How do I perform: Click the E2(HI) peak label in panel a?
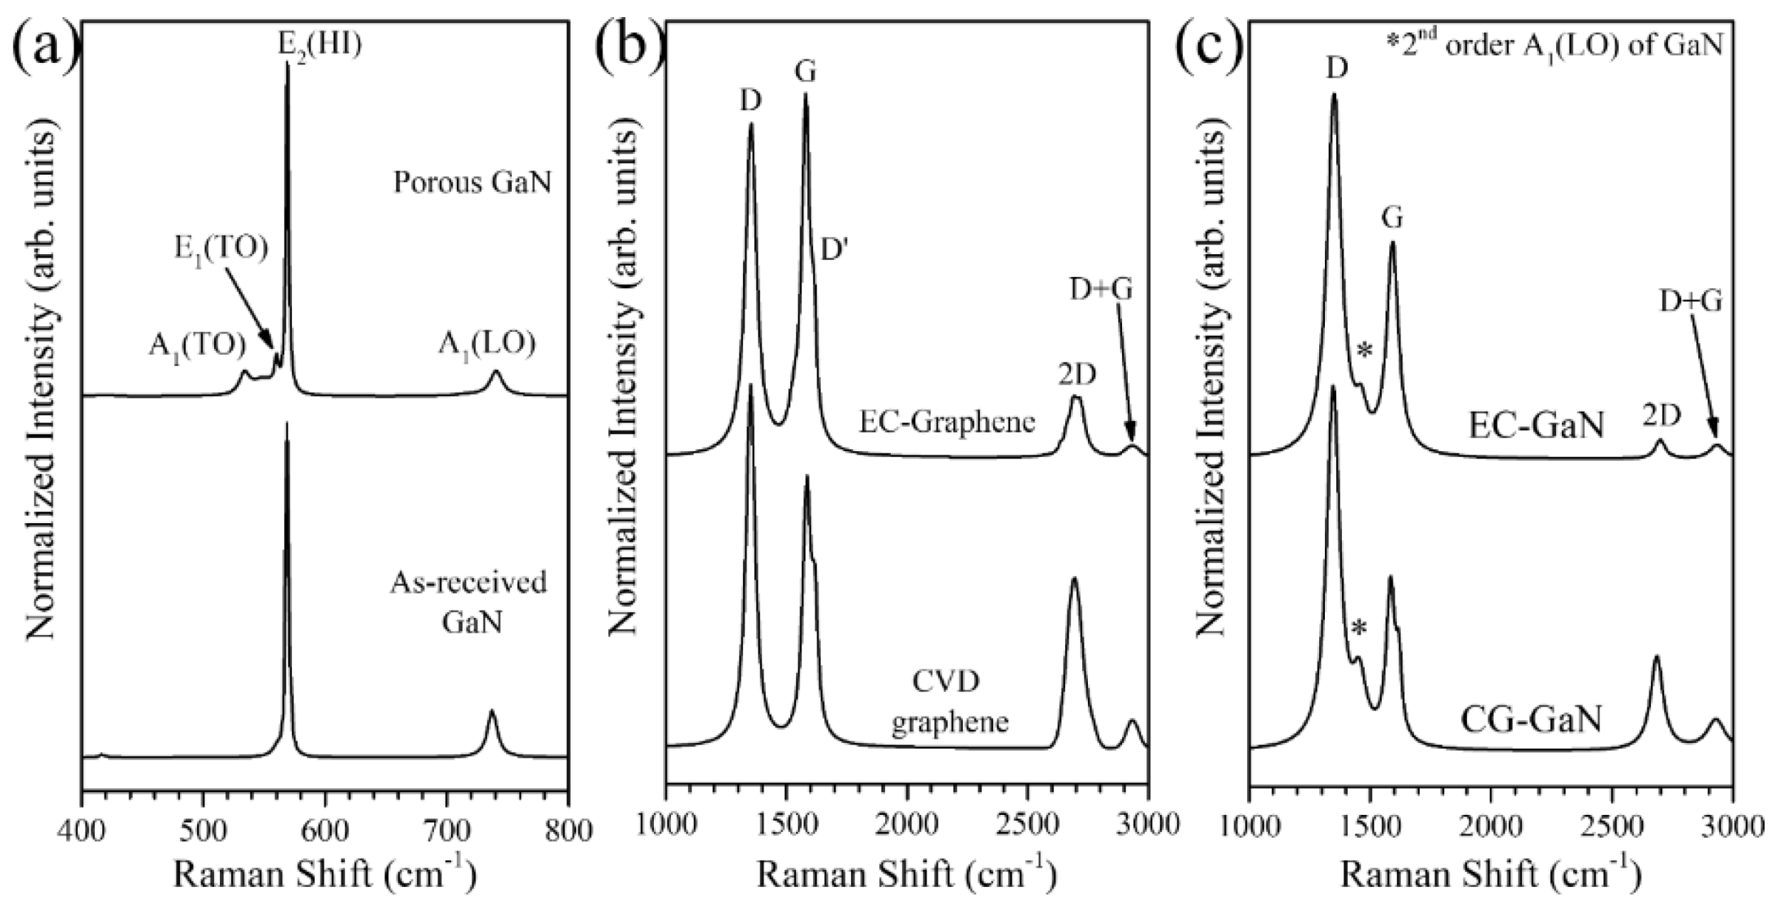pos(319,46)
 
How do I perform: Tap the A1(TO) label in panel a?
pos(197,345)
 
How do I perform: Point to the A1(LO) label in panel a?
pos(487,345)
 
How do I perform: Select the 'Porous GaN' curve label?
pos(473,183)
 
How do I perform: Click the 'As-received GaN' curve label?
pos(469,603)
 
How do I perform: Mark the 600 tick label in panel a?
pos(326,831)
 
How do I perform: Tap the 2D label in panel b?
pos(1076,374)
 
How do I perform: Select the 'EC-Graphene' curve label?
pos(947,422)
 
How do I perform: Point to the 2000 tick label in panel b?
pos(907,831)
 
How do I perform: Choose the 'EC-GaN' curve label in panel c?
pos(1535,426)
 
